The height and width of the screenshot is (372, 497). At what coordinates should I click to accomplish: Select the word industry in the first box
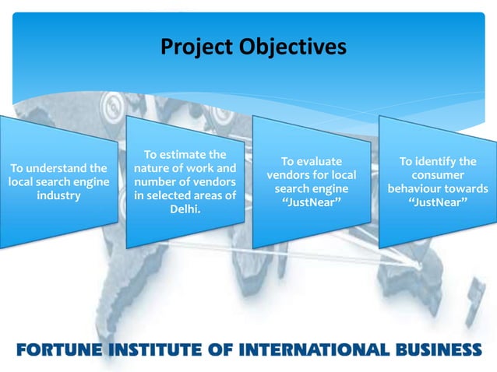(x=58, y=195)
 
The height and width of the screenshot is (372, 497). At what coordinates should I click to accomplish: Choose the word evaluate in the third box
(x=319, y=161)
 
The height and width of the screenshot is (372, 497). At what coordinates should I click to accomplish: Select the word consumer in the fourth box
(x=439, y=175)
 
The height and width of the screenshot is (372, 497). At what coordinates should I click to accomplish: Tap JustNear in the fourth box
(x=438, y=202)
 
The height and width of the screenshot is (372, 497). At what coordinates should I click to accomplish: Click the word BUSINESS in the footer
(x=437, y=348)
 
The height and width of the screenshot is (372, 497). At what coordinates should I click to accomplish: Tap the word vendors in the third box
(x=287, y=175)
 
